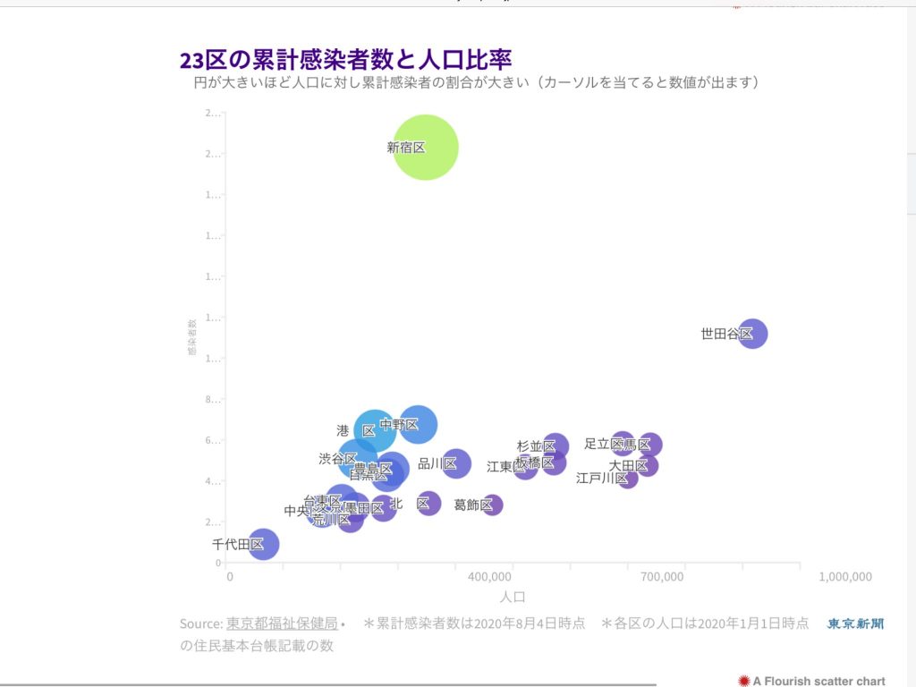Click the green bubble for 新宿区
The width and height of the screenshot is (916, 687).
[x=426, y=148]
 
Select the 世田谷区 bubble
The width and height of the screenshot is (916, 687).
[x=752, y=334]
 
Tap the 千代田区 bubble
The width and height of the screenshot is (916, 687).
[x=263, y=543]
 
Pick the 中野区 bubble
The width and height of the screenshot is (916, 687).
[x=418, y=424]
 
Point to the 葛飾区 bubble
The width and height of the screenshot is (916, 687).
[x=492, y=505]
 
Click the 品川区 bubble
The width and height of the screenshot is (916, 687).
[x=456, y=463]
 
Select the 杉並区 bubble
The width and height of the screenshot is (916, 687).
[x=556, y=445]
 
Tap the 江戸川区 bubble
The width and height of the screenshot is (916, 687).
[x=628, y=478]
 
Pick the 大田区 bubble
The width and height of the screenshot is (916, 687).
[x=648, y=465]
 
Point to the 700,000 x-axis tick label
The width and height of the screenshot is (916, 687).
[x=662, y=577]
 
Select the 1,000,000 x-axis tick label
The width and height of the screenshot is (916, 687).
[x=845, y=577]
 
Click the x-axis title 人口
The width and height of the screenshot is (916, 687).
[x=513, y=597]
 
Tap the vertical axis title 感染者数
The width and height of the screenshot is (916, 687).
[x=192, y=338]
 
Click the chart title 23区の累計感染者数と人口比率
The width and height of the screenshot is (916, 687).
[x=345, y=60]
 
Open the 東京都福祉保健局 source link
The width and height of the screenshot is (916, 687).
[x=281, y=623]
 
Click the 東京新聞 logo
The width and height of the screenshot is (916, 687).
[x=855, y=623]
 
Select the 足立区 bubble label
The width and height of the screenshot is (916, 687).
[x=603, y=443]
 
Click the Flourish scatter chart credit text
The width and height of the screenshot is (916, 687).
[x=818, y=681]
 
